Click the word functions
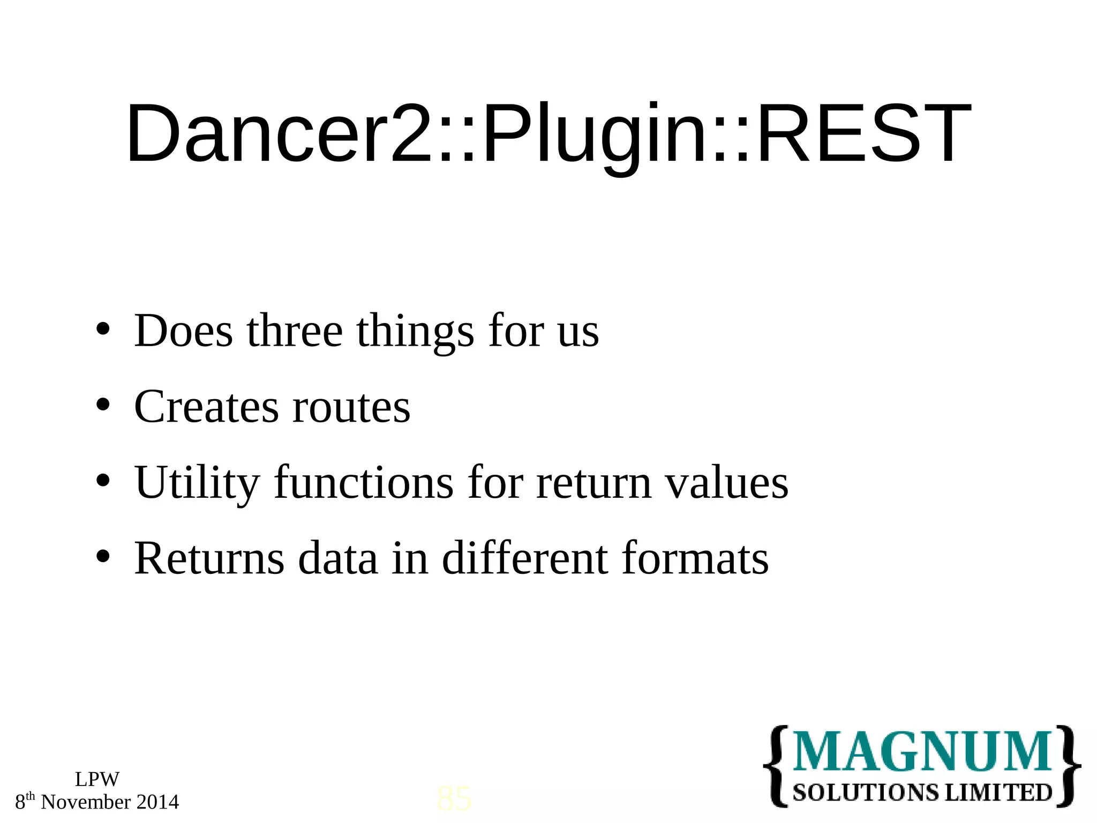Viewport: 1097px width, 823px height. point(364,482)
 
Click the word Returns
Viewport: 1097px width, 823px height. point(209,558)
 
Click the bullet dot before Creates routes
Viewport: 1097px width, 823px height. point(103,405)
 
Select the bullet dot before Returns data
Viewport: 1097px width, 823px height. point(103,557)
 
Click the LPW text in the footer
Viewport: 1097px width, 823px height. point(97,779)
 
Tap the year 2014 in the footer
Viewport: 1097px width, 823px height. point(157,802)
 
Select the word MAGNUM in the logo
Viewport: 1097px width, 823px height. point(922,751)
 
